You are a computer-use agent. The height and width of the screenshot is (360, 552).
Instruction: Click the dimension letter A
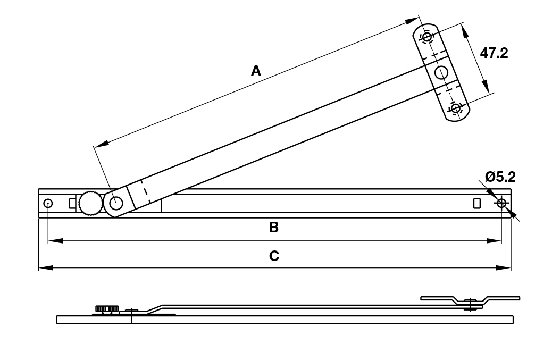(256, 70)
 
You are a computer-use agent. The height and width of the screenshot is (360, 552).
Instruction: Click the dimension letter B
(274, 228)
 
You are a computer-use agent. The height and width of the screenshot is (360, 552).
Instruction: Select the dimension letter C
(274, 256)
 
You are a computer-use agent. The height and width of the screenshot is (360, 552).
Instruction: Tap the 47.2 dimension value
(494, 53)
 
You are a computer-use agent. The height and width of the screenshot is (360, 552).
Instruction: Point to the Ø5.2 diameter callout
(500, 177)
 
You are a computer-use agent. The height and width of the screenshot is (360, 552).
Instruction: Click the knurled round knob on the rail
(90, 203)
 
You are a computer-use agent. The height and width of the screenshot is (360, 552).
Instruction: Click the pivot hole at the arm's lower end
(116, 203)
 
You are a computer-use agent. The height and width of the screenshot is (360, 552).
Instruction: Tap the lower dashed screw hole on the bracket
(455, 108)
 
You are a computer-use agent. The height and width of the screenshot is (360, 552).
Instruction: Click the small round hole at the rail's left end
(48, 203)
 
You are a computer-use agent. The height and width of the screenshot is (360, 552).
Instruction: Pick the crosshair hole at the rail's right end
(501, 203)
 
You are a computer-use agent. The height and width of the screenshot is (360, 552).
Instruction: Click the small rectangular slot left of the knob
(72, 203)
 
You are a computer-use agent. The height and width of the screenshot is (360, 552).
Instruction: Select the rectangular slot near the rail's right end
(477, 203)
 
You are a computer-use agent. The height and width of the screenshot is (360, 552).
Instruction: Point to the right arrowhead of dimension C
(506, 268)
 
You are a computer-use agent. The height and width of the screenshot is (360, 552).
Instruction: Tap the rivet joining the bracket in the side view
(470, 304)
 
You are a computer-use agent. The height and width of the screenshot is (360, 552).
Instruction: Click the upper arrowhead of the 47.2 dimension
(464, 31)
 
